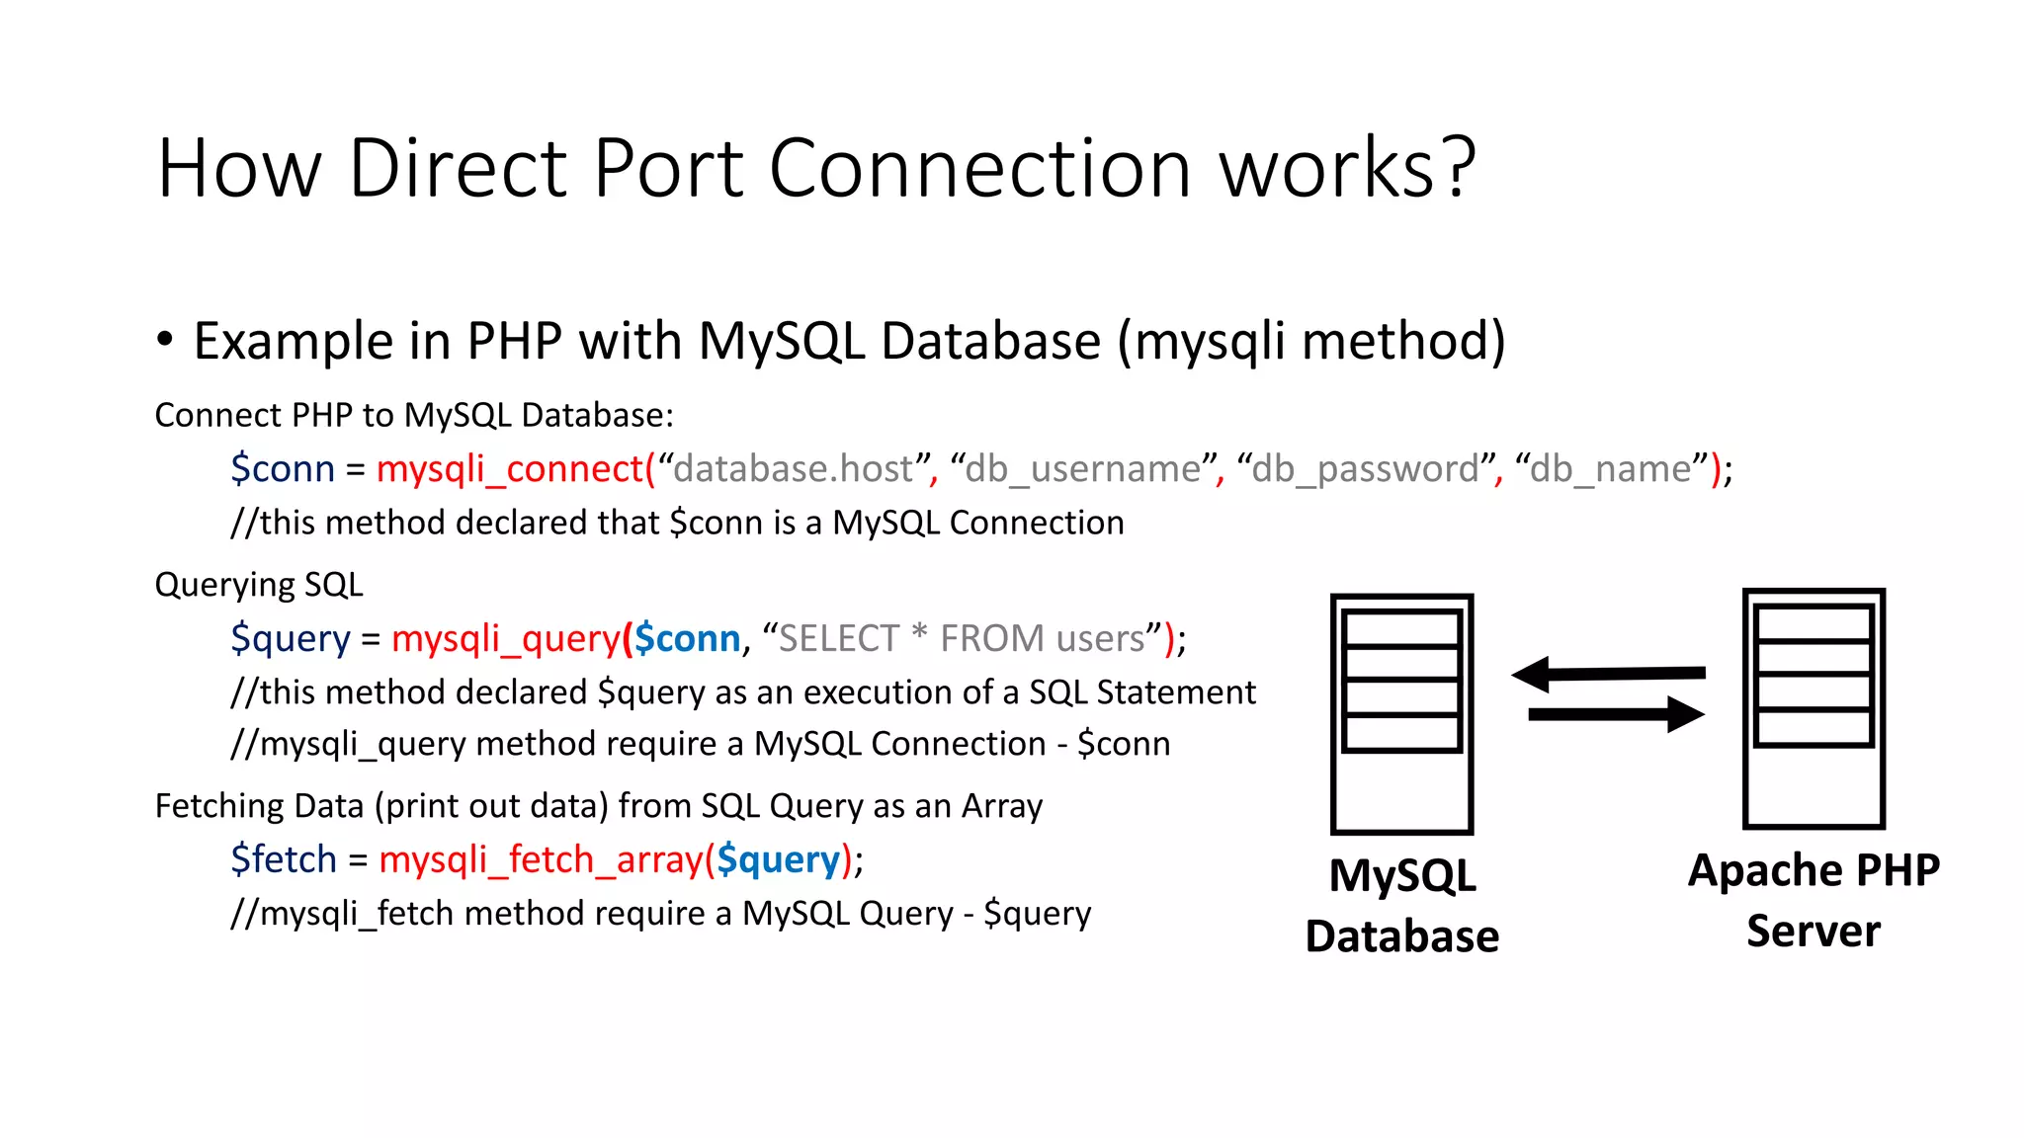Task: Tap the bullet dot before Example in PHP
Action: pyautogui.click(x=165, y=340)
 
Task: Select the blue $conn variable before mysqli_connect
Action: pyautogui.click(x=283, y=468)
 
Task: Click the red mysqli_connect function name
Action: pyautogui.click(x=510, y=468)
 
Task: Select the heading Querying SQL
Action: pyautogui.click(x=259, y=585)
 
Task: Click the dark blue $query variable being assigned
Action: pyautogui.click(x=291, y=639)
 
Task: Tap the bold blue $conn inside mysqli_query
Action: pyautogui.click(x=687, y=639)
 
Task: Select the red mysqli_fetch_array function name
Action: pyautogui.click(x=541, y=859)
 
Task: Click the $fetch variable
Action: pyautogui.click(x=284, y=859)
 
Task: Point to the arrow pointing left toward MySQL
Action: pyautogui.click(x=1608, y=674)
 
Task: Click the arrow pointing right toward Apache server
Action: pyautogui.click(x=1616, y=713)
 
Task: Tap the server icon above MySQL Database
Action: pyautogui.click(x=1401, y=713)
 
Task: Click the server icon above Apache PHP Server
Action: pyautogui.click(x=1813, y=708)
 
